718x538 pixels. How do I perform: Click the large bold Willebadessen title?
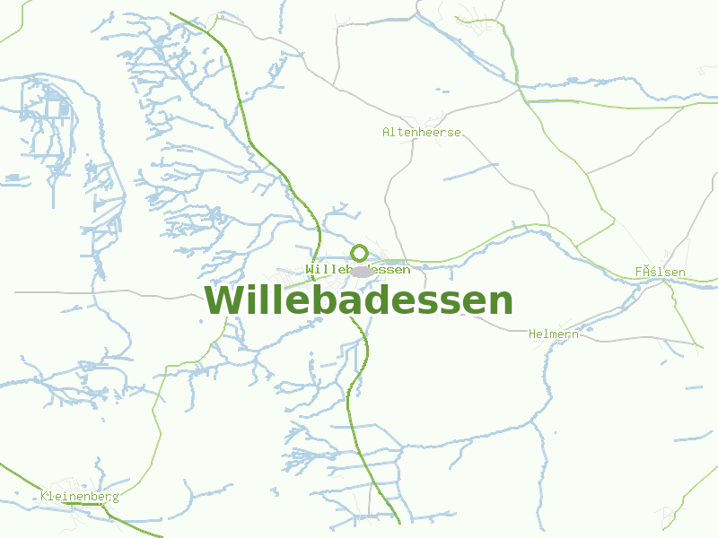[358, 301]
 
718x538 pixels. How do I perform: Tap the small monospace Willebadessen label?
[358, 269]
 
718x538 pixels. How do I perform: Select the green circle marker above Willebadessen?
[359, 253]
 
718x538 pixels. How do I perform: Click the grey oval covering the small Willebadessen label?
[362, 271]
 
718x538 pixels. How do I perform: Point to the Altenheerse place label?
[421, 132]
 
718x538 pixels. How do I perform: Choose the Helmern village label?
[553, 334]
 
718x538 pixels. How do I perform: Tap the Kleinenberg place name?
[79, 496]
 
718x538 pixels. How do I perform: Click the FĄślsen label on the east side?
[660, 272]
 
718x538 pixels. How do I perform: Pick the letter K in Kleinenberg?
[44, 496]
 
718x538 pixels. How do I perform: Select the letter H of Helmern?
[532, 334]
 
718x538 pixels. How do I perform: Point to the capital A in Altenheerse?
[387, 132]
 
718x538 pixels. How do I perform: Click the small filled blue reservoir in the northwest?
[64, 108]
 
